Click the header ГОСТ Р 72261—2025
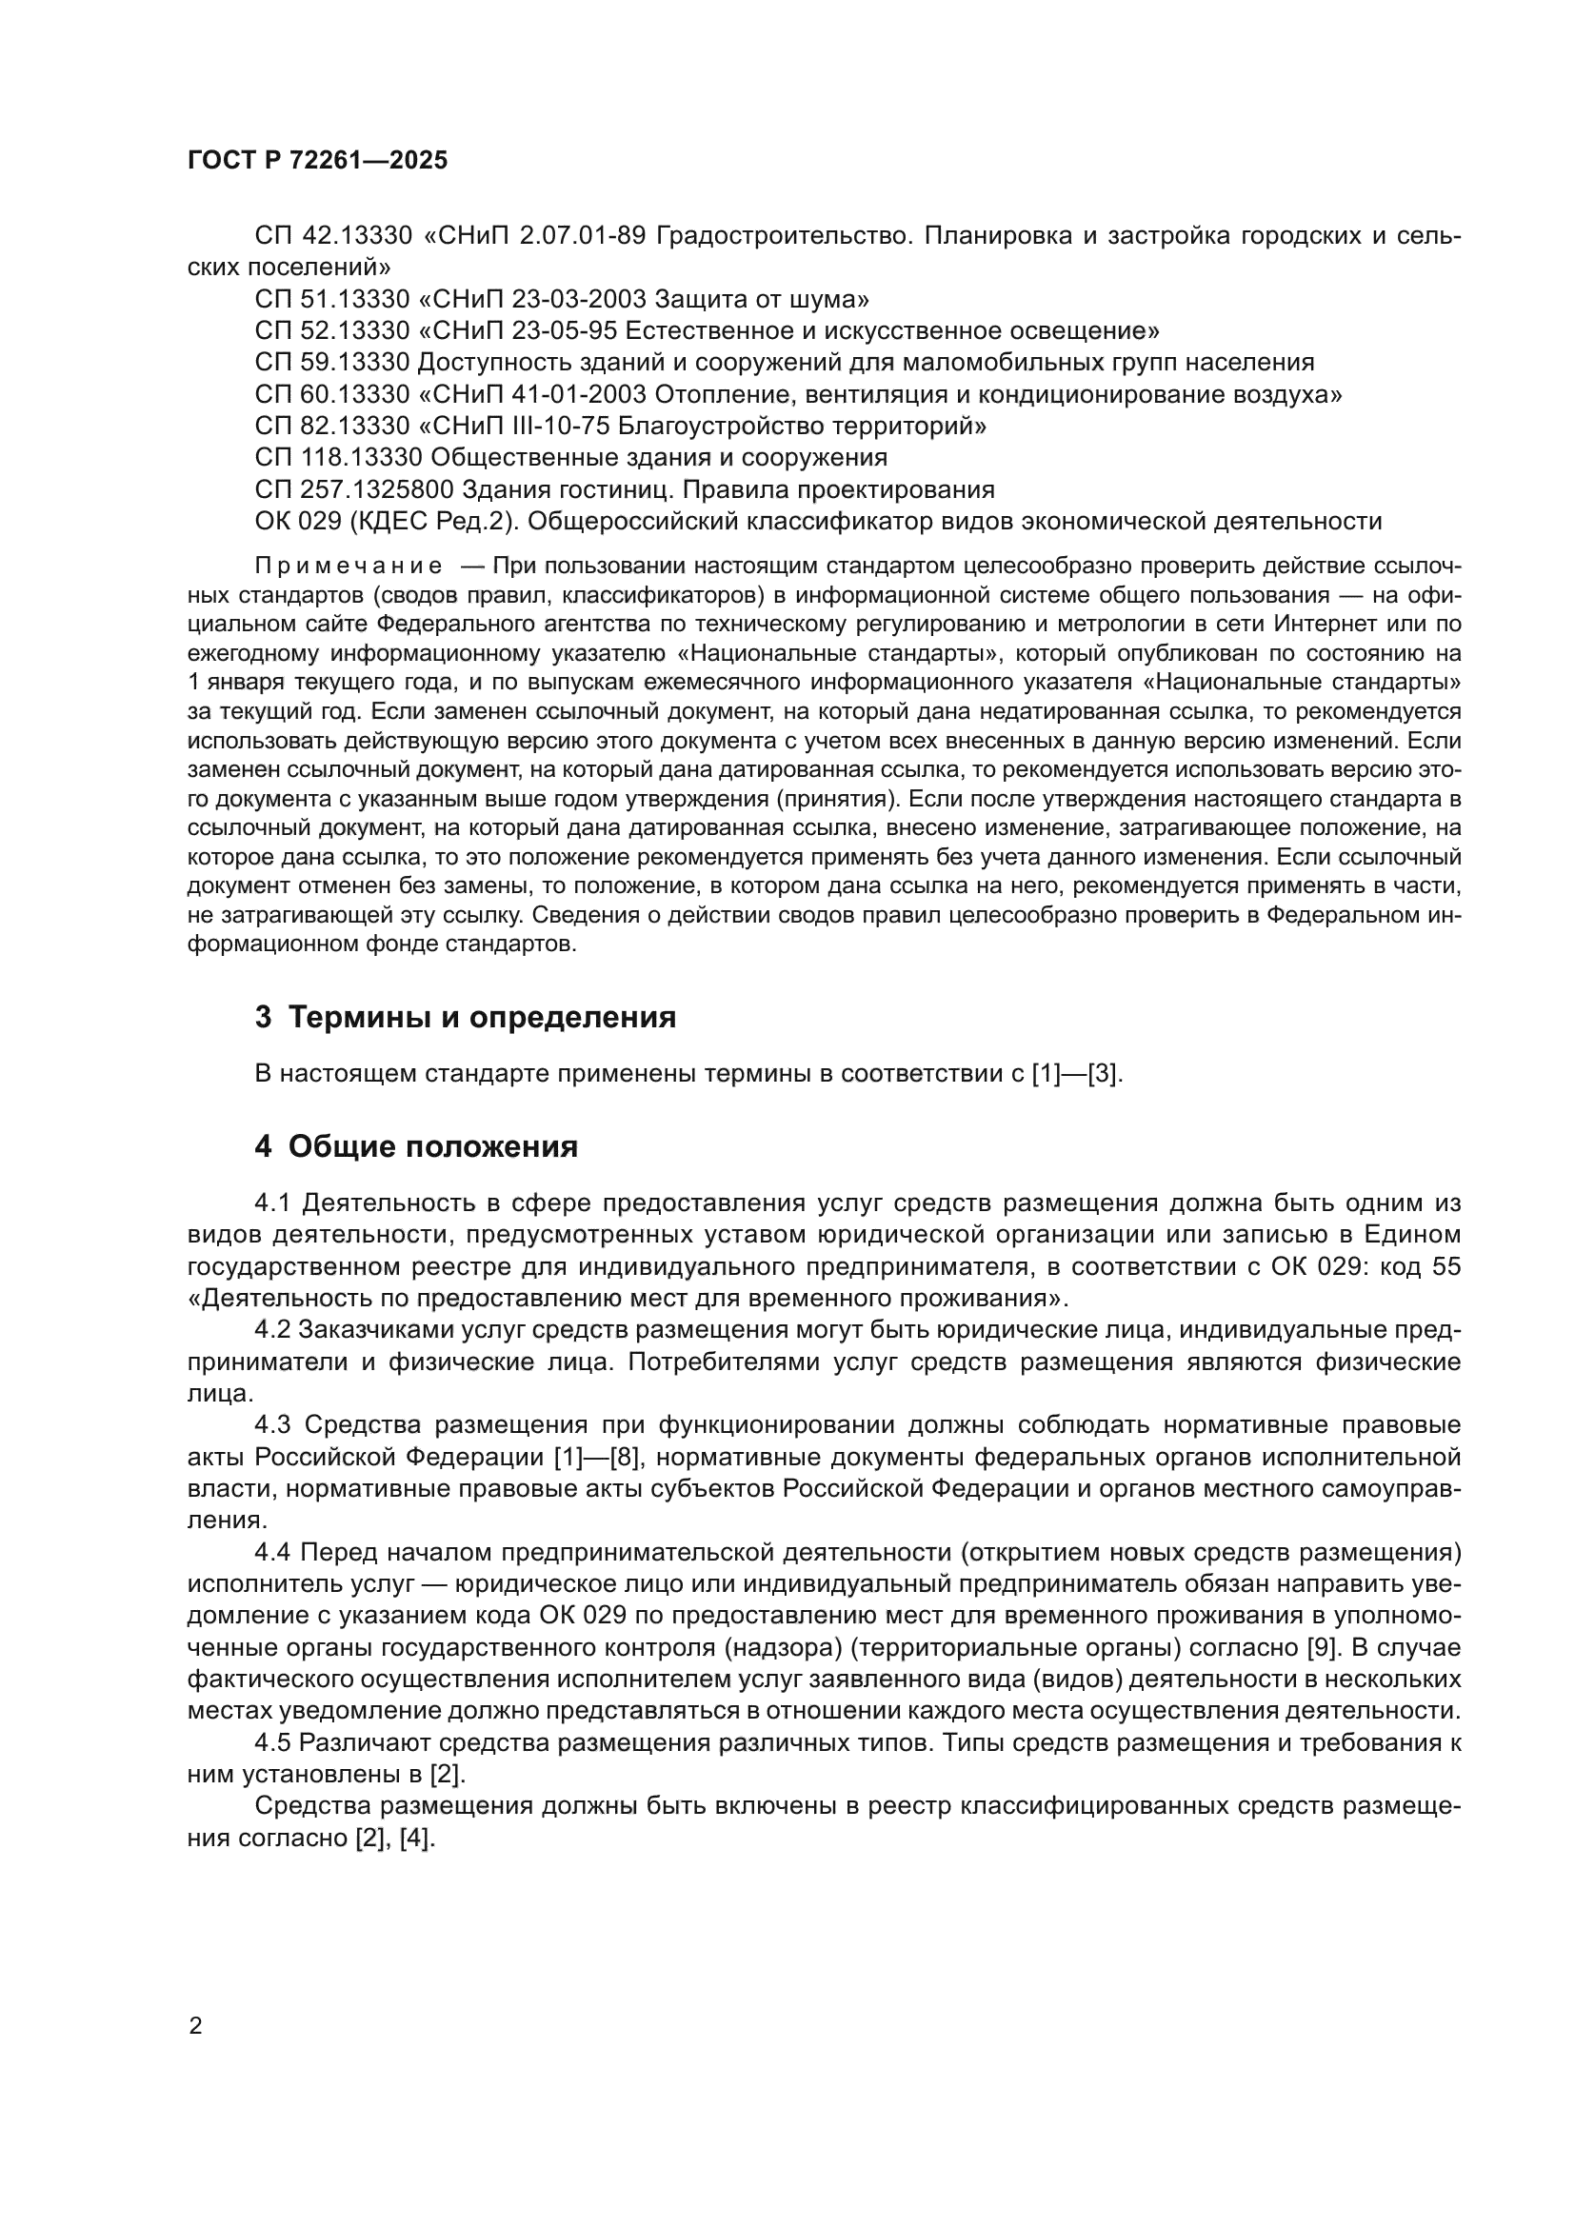point(317,161)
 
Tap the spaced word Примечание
point(349,567)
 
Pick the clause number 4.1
point(272,1203)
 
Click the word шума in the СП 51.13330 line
point(827,299)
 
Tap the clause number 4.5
point(272,1743)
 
